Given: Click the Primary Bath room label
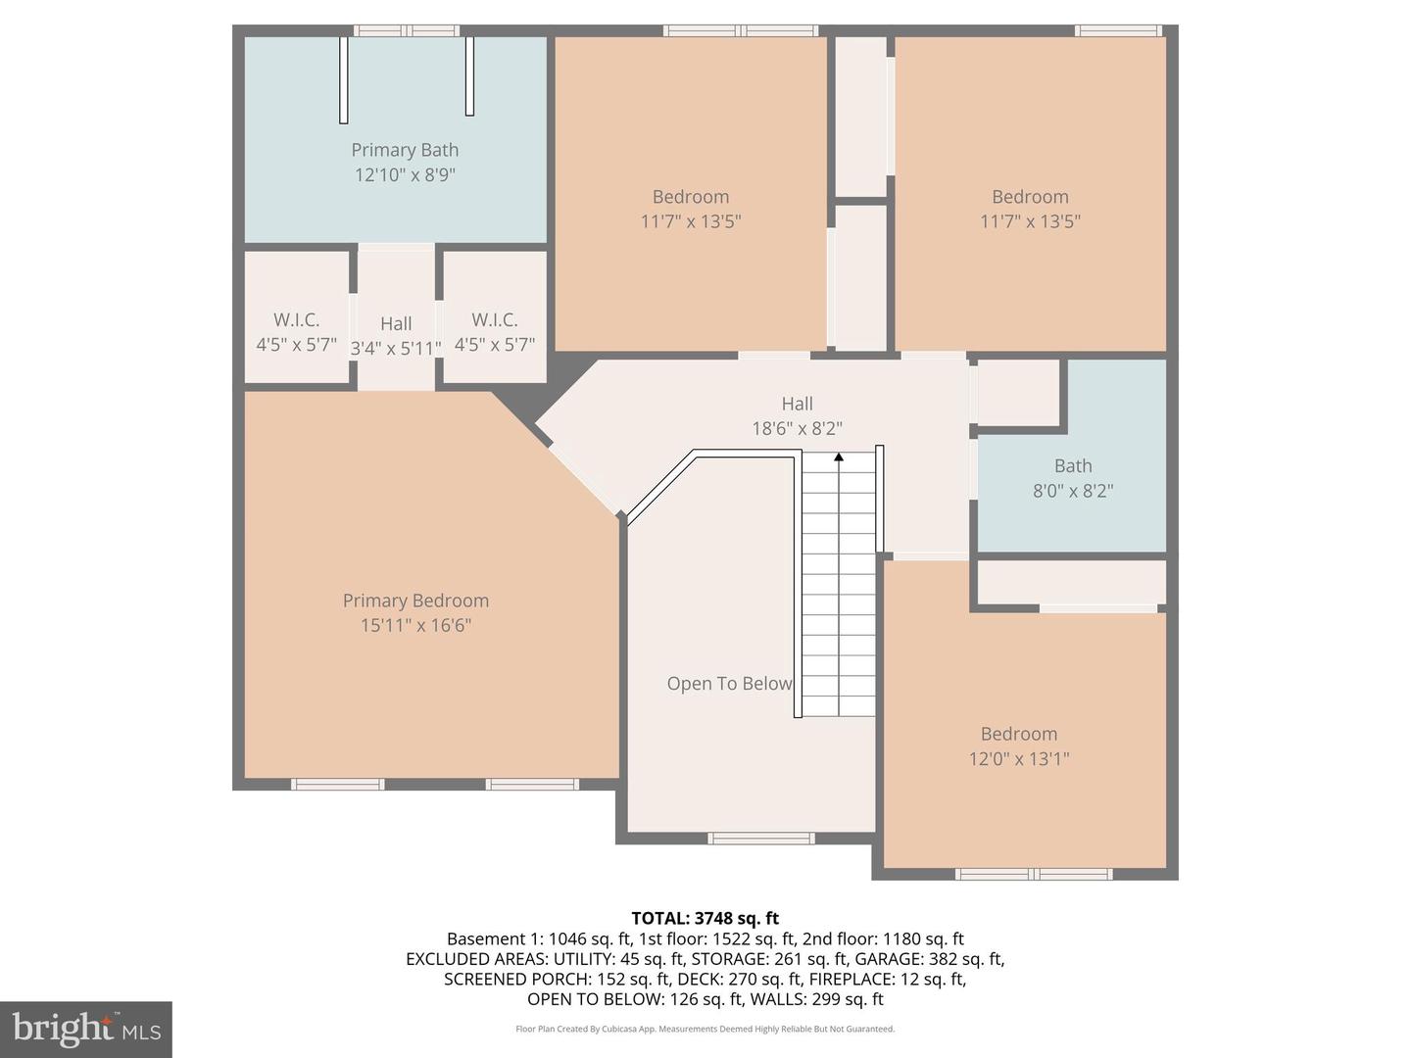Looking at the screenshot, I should tap(405, 150).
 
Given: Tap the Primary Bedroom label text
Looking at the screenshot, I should tap(415, 601).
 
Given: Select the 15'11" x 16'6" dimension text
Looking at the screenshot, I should tap(415, 625).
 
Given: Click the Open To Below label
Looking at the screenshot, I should tap(729, 684).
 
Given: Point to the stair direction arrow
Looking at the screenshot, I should tap(839, 457).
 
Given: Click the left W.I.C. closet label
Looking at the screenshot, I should tap(296, 320).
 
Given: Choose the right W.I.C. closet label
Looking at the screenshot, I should tap(494, 320).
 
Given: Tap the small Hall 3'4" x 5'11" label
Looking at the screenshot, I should tap(396, 324).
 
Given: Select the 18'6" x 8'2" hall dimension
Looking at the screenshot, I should tap(797, 428).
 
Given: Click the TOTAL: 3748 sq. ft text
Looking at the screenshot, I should tap(705, 918).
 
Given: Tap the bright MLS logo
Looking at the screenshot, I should tap(86, 1029).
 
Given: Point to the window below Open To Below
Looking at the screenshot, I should tap(761, 838).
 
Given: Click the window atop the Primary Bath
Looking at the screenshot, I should tap(406, 30).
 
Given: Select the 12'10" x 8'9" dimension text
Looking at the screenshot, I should tap(405, 174).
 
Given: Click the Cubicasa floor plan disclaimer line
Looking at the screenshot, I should tap(705, 1029).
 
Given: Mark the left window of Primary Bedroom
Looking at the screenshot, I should tap(338, 784).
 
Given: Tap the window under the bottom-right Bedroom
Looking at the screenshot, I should tap(1034, 874).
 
